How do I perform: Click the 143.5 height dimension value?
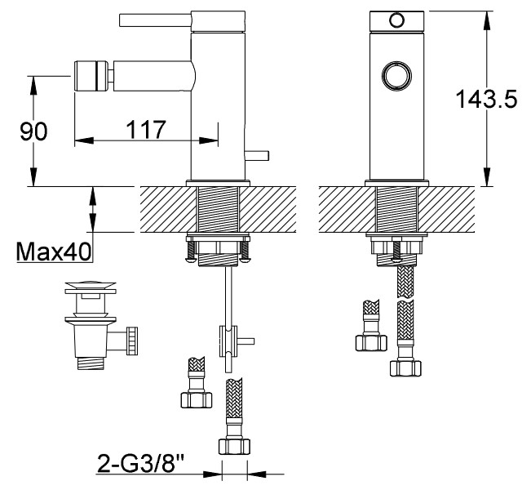[486, 99]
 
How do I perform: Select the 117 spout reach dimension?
[146, 129]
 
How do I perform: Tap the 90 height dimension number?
[33, 131]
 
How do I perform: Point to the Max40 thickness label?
[54, 252]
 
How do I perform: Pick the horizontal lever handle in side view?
[156, 20]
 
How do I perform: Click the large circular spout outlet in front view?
[396, 76]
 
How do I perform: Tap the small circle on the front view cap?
[396, 20]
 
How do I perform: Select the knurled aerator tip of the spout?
[91, 76]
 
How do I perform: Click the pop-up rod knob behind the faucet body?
[257, 155]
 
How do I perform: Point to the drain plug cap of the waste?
[91, 285]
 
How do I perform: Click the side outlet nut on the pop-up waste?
[132, 341]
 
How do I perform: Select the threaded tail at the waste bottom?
[91, 363]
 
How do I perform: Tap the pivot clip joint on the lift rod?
[228, 341]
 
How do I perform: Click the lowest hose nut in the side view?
[234, 447]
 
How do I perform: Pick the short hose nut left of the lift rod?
[197, 400]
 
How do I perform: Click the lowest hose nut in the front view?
[405, 368]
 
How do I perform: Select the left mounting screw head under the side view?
[191, 260]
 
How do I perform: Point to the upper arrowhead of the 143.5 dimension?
[487, 20]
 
